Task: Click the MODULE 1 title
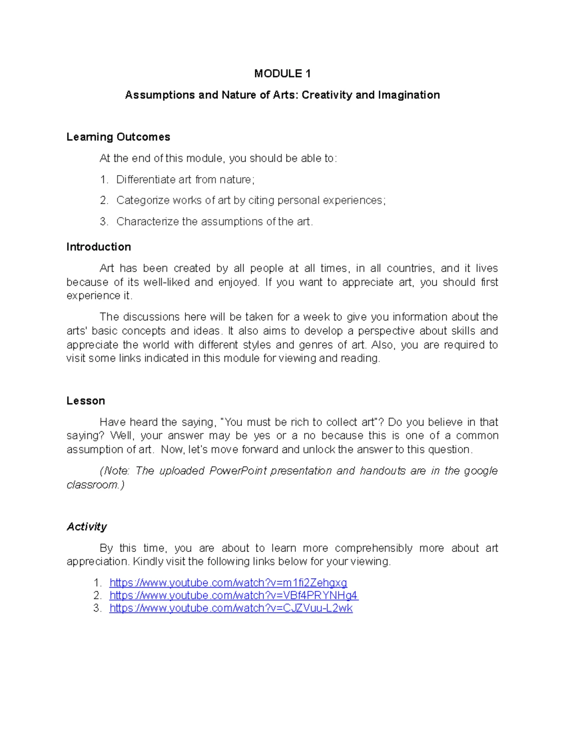click(282, 74)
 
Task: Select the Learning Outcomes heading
click(118, 137)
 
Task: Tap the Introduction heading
click(99, 247)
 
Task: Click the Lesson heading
click(85, 401)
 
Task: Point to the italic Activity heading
click(86, 527)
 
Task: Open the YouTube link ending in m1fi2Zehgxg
click(228, 583)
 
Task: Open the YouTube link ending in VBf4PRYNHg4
click(233, 596)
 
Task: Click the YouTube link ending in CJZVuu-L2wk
click(231, 608)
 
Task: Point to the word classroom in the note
click(93, 485)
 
